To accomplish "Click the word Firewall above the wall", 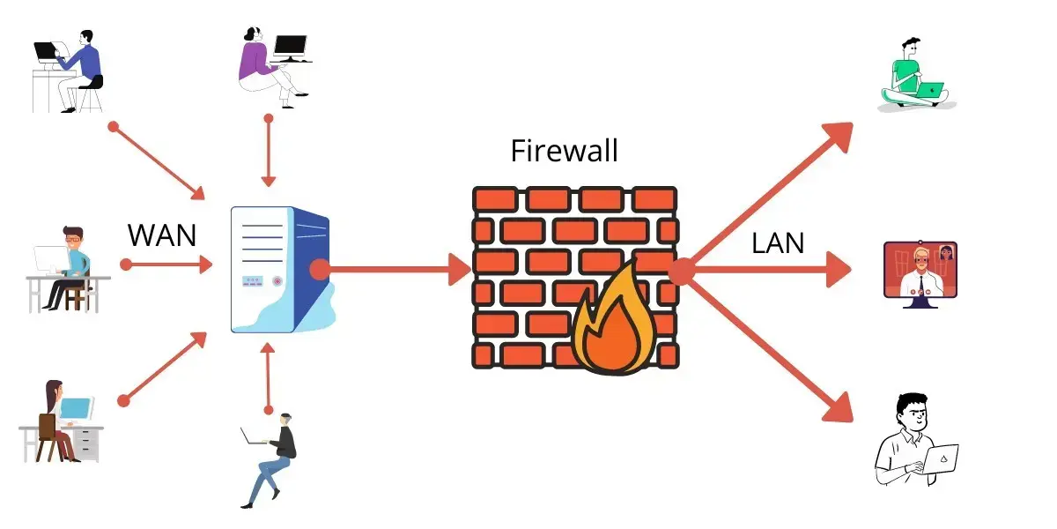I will pos(565,151).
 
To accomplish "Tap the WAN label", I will pos(162,235).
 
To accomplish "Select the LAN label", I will pos(778,243).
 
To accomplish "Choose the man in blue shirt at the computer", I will pos(70,71).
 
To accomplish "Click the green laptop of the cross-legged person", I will pos(929,89).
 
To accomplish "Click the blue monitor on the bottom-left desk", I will pos(77,407).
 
